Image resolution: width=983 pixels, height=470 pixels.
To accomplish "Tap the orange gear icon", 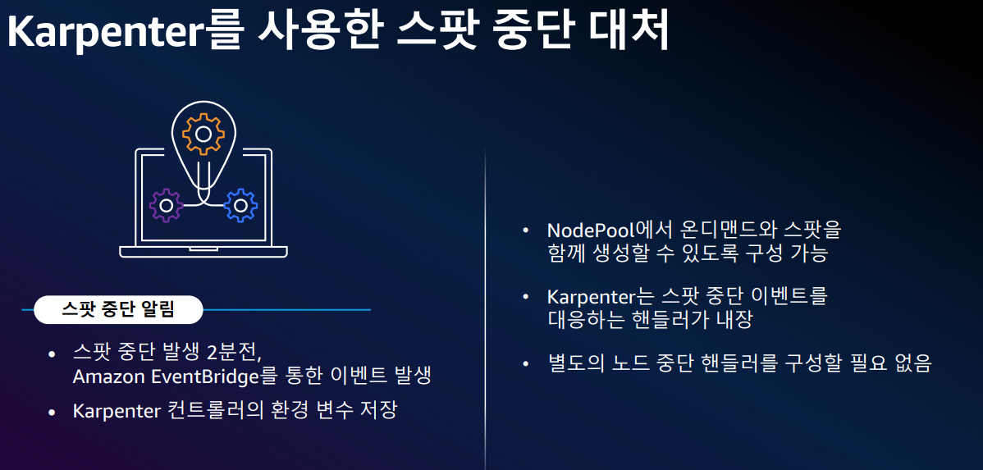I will (202, 135).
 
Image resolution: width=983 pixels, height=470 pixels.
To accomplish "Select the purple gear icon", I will (167, 205).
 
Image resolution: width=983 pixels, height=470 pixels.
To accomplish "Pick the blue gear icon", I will (240, 205).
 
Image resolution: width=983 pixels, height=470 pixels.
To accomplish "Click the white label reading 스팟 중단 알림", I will (119, 310).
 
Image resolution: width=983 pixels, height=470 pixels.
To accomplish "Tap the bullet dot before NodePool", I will (526, 230).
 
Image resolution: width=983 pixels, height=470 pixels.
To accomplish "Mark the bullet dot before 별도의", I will (526, 363).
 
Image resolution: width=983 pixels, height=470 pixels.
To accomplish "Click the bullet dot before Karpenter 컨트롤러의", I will (52, 411).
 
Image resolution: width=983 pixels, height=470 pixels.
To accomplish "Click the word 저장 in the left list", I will (378, 411).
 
